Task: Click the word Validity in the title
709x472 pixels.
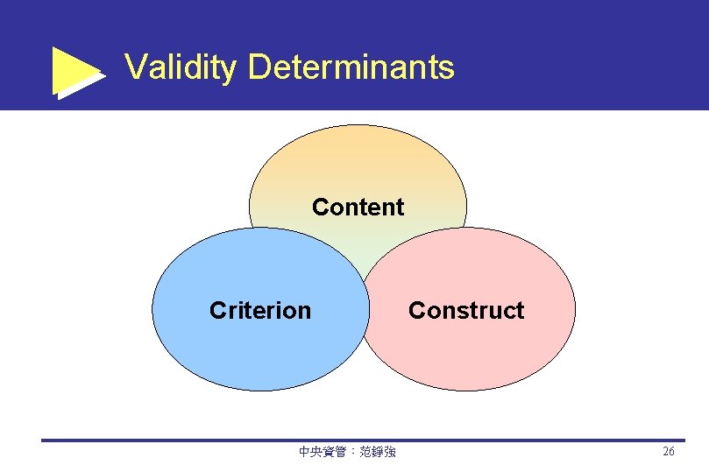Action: (181, 67)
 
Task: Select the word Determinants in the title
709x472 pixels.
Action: (351, 67)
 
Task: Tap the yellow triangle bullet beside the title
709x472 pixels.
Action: (76, 71)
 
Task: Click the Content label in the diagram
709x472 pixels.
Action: (358, 208)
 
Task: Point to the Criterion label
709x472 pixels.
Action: (260, 311)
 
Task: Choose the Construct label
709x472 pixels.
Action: (466, 311)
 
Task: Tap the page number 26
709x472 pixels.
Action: (668, 452)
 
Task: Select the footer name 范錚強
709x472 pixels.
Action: (379, 452)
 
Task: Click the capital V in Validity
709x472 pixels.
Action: (134, 67)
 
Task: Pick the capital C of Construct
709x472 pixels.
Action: (416, 311)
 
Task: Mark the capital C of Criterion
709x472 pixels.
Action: (217, 311)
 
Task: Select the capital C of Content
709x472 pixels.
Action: (320, 208)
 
